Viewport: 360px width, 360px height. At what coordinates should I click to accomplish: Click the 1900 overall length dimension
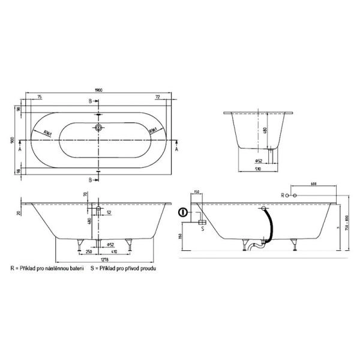[x=99, y=90]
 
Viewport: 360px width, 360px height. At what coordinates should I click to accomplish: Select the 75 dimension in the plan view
[x=40, y=97]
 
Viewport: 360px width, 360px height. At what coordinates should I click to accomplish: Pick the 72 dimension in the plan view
[x=157, y=97]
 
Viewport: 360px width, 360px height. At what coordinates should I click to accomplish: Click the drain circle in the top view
[x=100, y=128]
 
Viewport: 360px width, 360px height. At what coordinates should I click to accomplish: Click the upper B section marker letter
[x=91, y=102]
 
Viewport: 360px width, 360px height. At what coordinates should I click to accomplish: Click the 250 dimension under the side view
[x=88, y=253]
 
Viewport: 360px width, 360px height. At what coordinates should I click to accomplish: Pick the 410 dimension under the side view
[x=113, y=253]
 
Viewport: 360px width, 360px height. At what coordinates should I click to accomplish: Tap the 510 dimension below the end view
[x=259, y=170]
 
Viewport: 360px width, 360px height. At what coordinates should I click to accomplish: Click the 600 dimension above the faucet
[x=314, y=184]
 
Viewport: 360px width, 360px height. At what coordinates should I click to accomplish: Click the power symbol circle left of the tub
[x=183, y=213]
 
